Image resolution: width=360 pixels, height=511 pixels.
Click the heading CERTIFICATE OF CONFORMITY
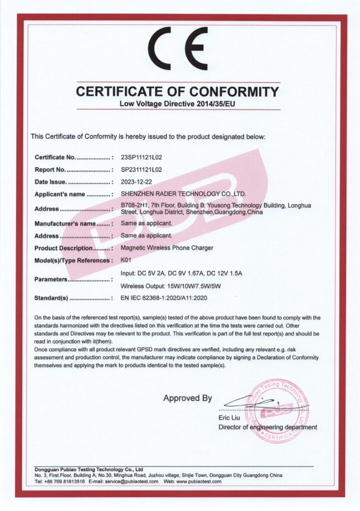pyautogui.click(x=177, y=92)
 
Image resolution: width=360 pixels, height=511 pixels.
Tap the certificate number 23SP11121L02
pyautogui.click(x=142, y=158)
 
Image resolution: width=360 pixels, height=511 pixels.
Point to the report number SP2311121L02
pyautogui.click(x=142, y=170)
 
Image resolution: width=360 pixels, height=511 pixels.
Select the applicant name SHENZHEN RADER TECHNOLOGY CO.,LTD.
pyautogui.click(x=183, y=194)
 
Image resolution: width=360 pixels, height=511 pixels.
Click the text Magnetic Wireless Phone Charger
pyautogui.click(x=167, y=248)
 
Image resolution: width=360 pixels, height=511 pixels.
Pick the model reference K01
pyautogui.click(x=125, y=260)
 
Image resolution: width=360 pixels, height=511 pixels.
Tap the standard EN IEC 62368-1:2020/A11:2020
pyautogui.click(x=164, y=298)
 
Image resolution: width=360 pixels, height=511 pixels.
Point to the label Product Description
pyautogui.click(x=63, y=248)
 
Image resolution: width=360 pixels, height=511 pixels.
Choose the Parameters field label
pyautogui.click(x=51, y=279)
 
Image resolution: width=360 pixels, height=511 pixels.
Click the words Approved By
pyautogui.click(x=187, y=398)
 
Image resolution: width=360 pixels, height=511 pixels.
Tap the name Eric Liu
pyautogui.click(x=228, y=417)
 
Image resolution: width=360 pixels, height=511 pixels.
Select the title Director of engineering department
pyautogui.click(x=267, y=427)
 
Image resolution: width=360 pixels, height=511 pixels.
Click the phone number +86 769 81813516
pyautogui.click(x=64, y=482)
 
